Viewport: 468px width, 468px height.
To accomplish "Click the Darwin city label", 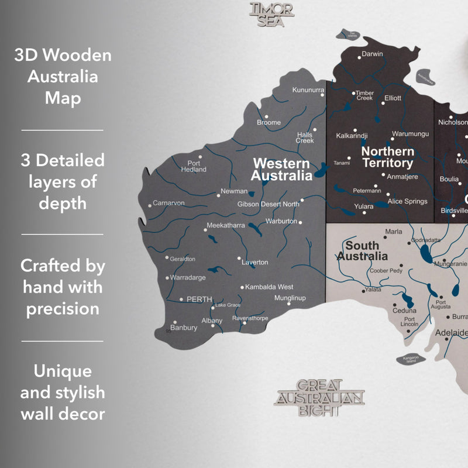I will (x=372, y=54).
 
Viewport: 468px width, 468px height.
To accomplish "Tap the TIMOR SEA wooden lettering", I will (x=272, y=14).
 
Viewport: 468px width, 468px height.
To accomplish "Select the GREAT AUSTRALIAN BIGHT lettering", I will (x=319, y=398).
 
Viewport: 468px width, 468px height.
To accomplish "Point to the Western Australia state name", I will (x=282, y=169).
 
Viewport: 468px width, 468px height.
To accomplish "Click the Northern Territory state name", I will (x=387, y=157).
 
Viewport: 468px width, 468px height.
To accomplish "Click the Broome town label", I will (x=269, y=123).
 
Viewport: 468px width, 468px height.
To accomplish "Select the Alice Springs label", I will (x=408, y=201).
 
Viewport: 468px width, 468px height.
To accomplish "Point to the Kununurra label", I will (x=308, y=90).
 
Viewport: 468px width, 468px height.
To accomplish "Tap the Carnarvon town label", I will (x=168, y=203).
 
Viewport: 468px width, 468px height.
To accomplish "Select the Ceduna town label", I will (x=404, y=310).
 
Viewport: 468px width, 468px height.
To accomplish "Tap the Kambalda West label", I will (x=269, y=287).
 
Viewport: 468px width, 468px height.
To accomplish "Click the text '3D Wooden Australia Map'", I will (x=63, y=77).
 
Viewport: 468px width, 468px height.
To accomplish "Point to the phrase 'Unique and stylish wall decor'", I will (x=63, y=393).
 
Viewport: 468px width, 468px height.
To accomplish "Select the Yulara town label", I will (x=364, y=207).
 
